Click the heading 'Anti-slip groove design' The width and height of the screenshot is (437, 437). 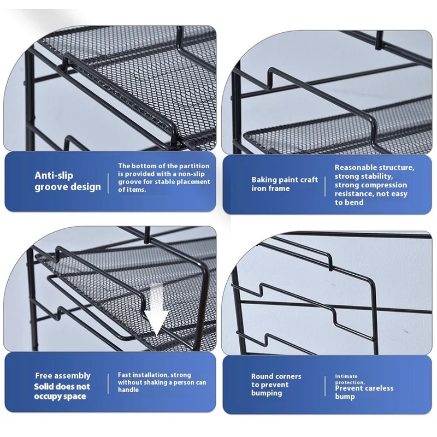(x=68, y=181)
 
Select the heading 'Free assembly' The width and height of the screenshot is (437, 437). (x=63, y=376)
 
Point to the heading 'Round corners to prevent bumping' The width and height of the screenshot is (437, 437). (x=276, y=385)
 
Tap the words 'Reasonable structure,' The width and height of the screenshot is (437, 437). (x=374, y=168)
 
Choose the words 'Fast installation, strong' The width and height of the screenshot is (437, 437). (x=155, y=375)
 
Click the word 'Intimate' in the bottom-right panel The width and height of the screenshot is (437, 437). (x=347, y=376)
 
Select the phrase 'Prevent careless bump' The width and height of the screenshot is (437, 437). (x=364, y=392)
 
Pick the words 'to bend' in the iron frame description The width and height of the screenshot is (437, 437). (x=349, y=202)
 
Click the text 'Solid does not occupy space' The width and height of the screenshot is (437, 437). (x=63, y=391)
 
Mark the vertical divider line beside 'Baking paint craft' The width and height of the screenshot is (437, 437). (x=326, y=184)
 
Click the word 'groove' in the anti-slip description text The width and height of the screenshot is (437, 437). (x=129, y=181)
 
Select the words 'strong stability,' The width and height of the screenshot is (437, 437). (x=363, y=176)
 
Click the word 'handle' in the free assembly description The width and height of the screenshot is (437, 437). (x=129, y=390)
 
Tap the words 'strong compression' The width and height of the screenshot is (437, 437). (x=371, y=185)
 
